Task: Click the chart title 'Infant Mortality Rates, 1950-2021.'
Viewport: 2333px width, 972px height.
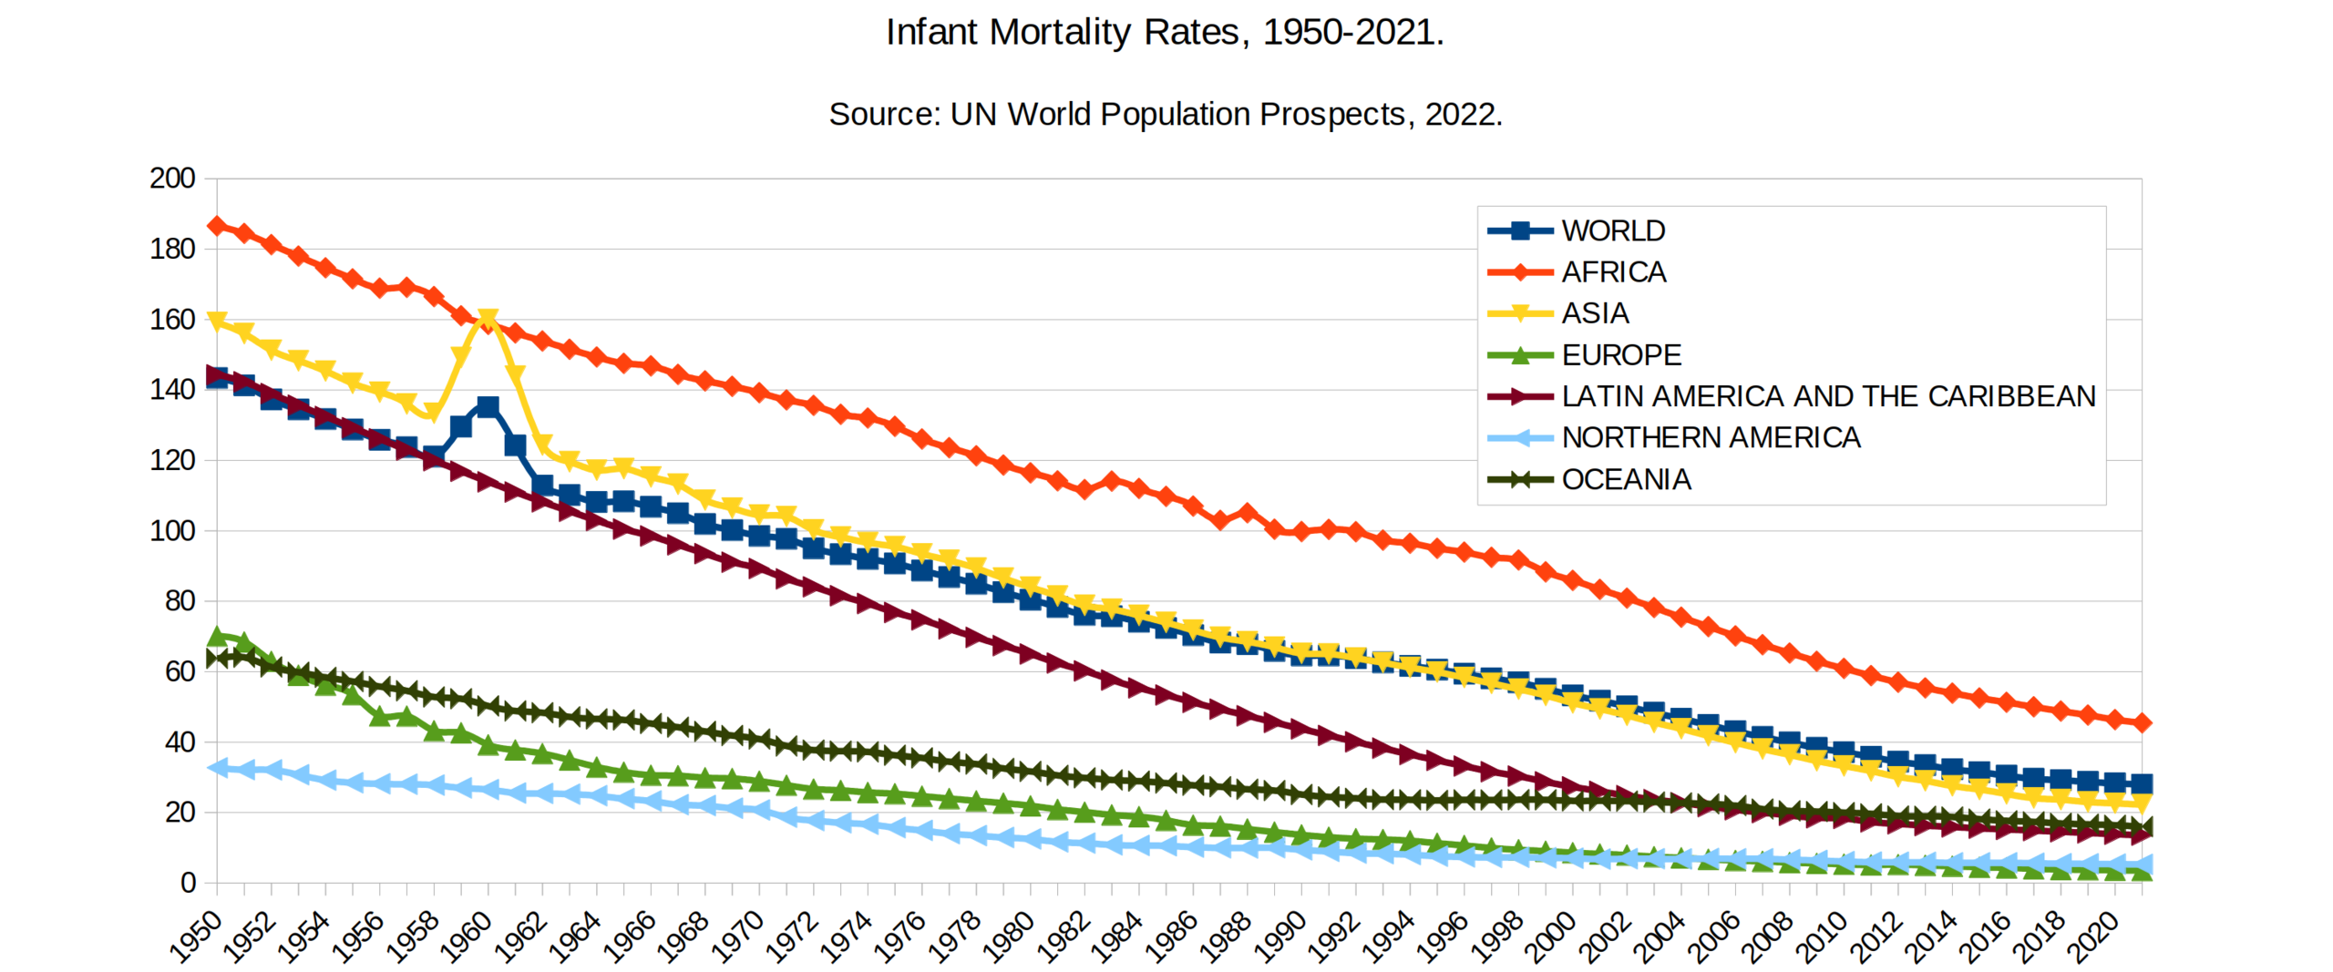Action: [x=1165, y=33]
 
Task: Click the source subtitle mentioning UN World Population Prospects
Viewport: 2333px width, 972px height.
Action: [x=1165, y=115]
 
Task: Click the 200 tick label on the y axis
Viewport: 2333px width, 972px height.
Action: [x=172, y=179]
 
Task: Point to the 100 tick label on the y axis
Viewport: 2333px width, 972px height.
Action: [x=172, y=531]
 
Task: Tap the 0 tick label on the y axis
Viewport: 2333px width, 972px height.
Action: [x=188, y=883]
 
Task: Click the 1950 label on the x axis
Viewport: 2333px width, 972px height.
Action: [x=196, y=936]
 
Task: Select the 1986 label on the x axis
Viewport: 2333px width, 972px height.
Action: [x=1171, y=936]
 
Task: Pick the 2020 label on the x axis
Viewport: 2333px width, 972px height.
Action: [x=2093, y=936]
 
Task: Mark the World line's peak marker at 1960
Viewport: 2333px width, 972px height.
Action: [x=488, y=406]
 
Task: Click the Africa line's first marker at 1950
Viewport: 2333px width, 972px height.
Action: [x=217, y=226]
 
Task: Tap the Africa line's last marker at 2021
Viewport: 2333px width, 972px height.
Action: [x=2142, y=723]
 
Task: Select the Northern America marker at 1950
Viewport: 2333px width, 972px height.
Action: [x=217, y=768]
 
